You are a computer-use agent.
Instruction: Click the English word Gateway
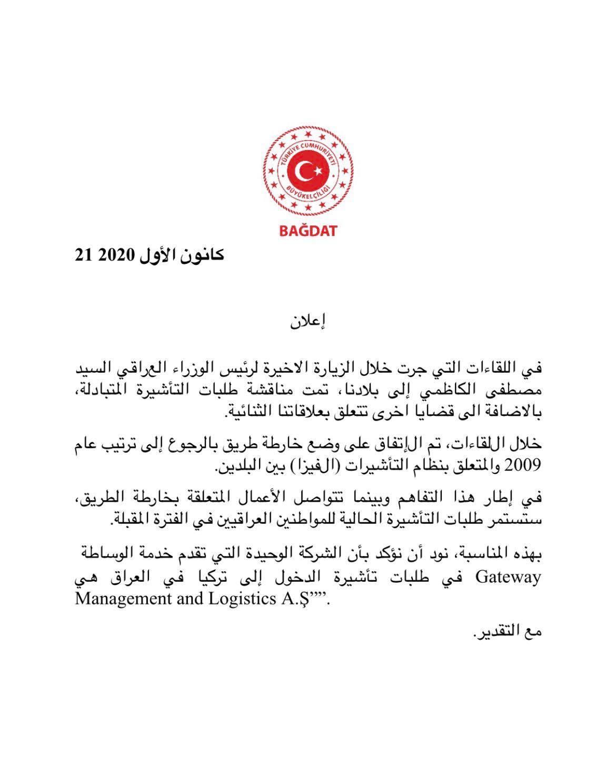(509, 578)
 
